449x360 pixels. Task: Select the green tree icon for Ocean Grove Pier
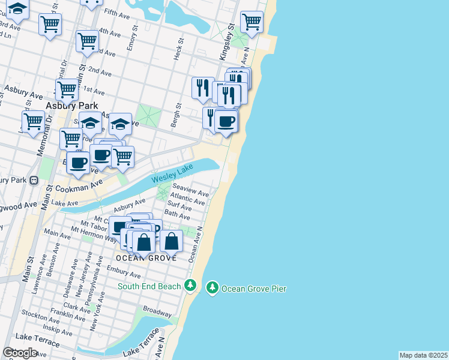coord(212,289)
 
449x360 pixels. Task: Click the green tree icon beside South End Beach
coord(190,285)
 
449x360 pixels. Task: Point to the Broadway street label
coord(157,313)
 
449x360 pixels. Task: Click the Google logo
coord(20,353)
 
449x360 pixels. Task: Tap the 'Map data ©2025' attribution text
coord(423,355)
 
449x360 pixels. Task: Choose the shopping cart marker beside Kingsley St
coord(252,22)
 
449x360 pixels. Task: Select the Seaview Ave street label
coord(191,191)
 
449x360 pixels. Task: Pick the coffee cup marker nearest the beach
coord(226,121)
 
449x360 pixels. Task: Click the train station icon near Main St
coord(34,179)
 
